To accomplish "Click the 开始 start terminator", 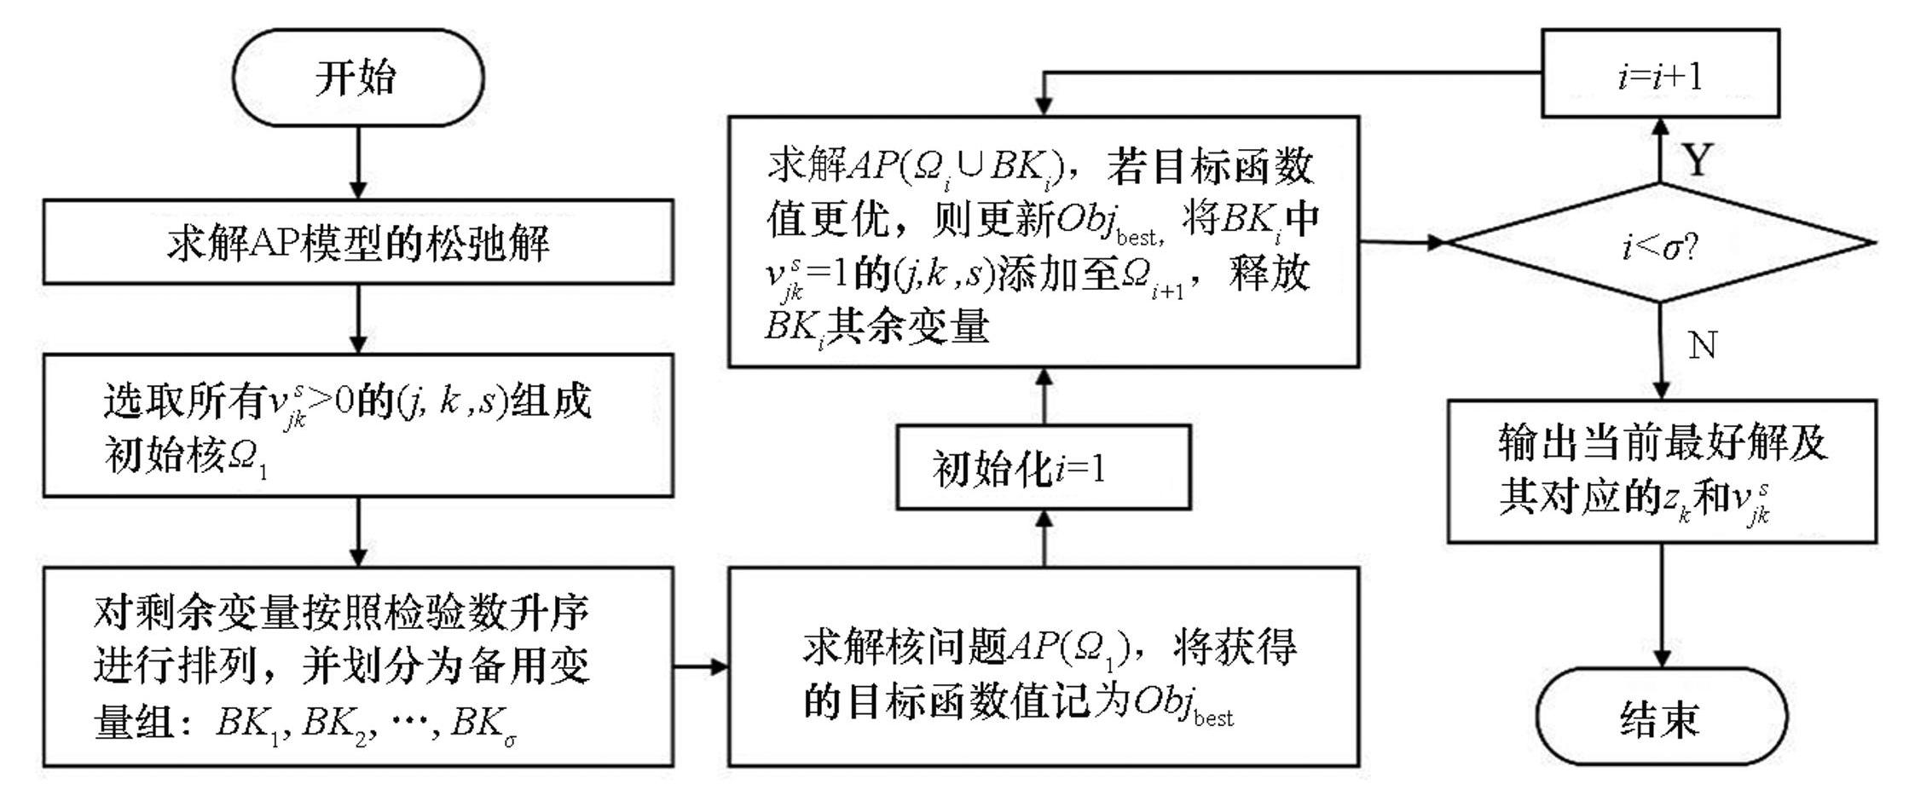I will (x=357, y=78).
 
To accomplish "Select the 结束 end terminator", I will (x=1661, y=717).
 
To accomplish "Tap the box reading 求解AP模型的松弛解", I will (x=358, y=243).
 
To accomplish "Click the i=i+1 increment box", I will (x=1660, y=74).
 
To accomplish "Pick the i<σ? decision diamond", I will (x=1660, y=244).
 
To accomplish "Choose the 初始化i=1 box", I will (x=1043, y=468).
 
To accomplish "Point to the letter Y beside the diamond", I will (x=1696, y=159).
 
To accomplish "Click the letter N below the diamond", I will (x=1702, y=346).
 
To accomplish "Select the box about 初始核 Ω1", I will (x=358, y=425).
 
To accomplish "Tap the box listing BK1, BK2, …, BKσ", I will (x=358, y=666).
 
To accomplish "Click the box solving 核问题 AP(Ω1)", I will (x=1043, y=666).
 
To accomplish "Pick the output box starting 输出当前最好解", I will (x=1661, y=470).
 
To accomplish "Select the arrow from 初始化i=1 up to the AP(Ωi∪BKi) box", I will (x=1044, y=396).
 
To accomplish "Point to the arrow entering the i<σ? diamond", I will (x=1403, y=243).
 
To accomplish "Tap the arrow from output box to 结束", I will (x=1662, y=605).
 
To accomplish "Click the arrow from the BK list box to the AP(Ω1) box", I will (x=700, y=666).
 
